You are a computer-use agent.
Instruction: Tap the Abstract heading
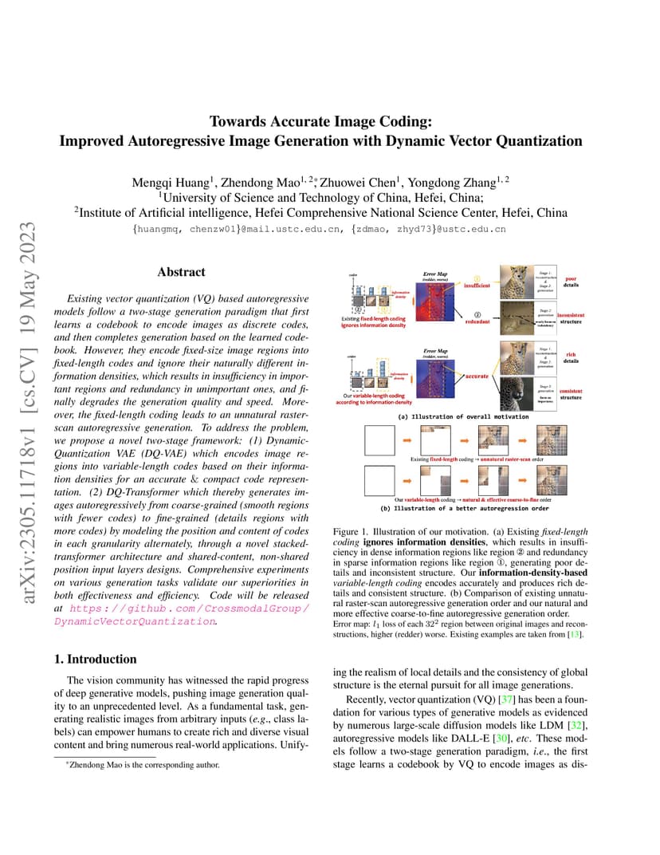tap(181, 272)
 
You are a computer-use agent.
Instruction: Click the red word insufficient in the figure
tap(477, 285)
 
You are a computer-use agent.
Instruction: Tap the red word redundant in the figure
tap(477, 322)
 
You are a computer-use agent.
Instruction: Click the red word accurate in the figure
tap(477, 375)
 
